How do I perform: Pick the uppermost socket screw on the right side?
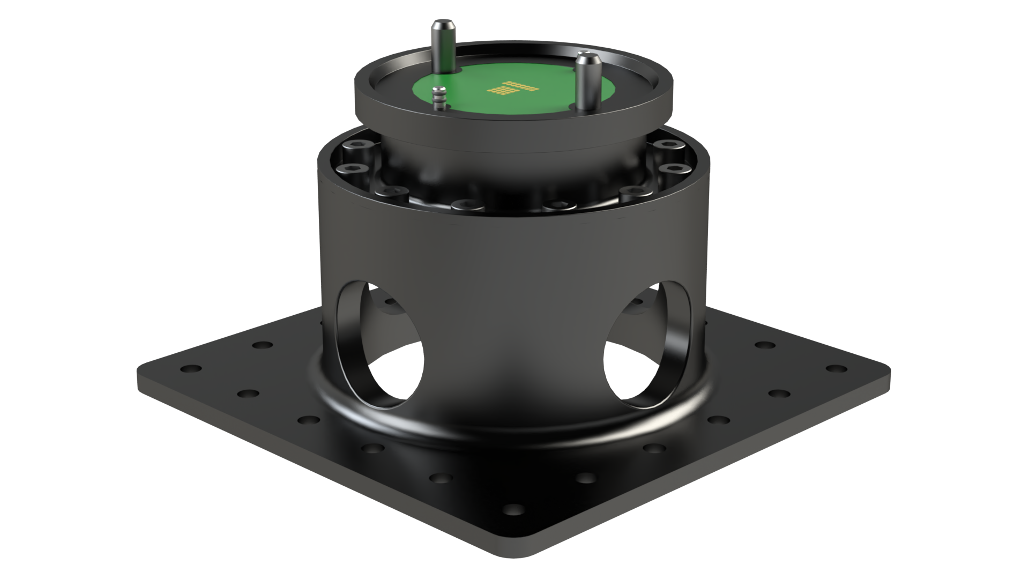[x=668, y=144]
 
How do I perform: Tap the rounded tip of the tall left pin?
[x=442, y=24]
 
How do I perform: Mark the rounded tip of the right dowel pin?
[x=585, y=55]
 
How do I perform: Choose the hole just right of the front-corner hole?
[x=587, y=477]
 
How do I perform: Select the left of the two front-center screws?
[x=461, y=204]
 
